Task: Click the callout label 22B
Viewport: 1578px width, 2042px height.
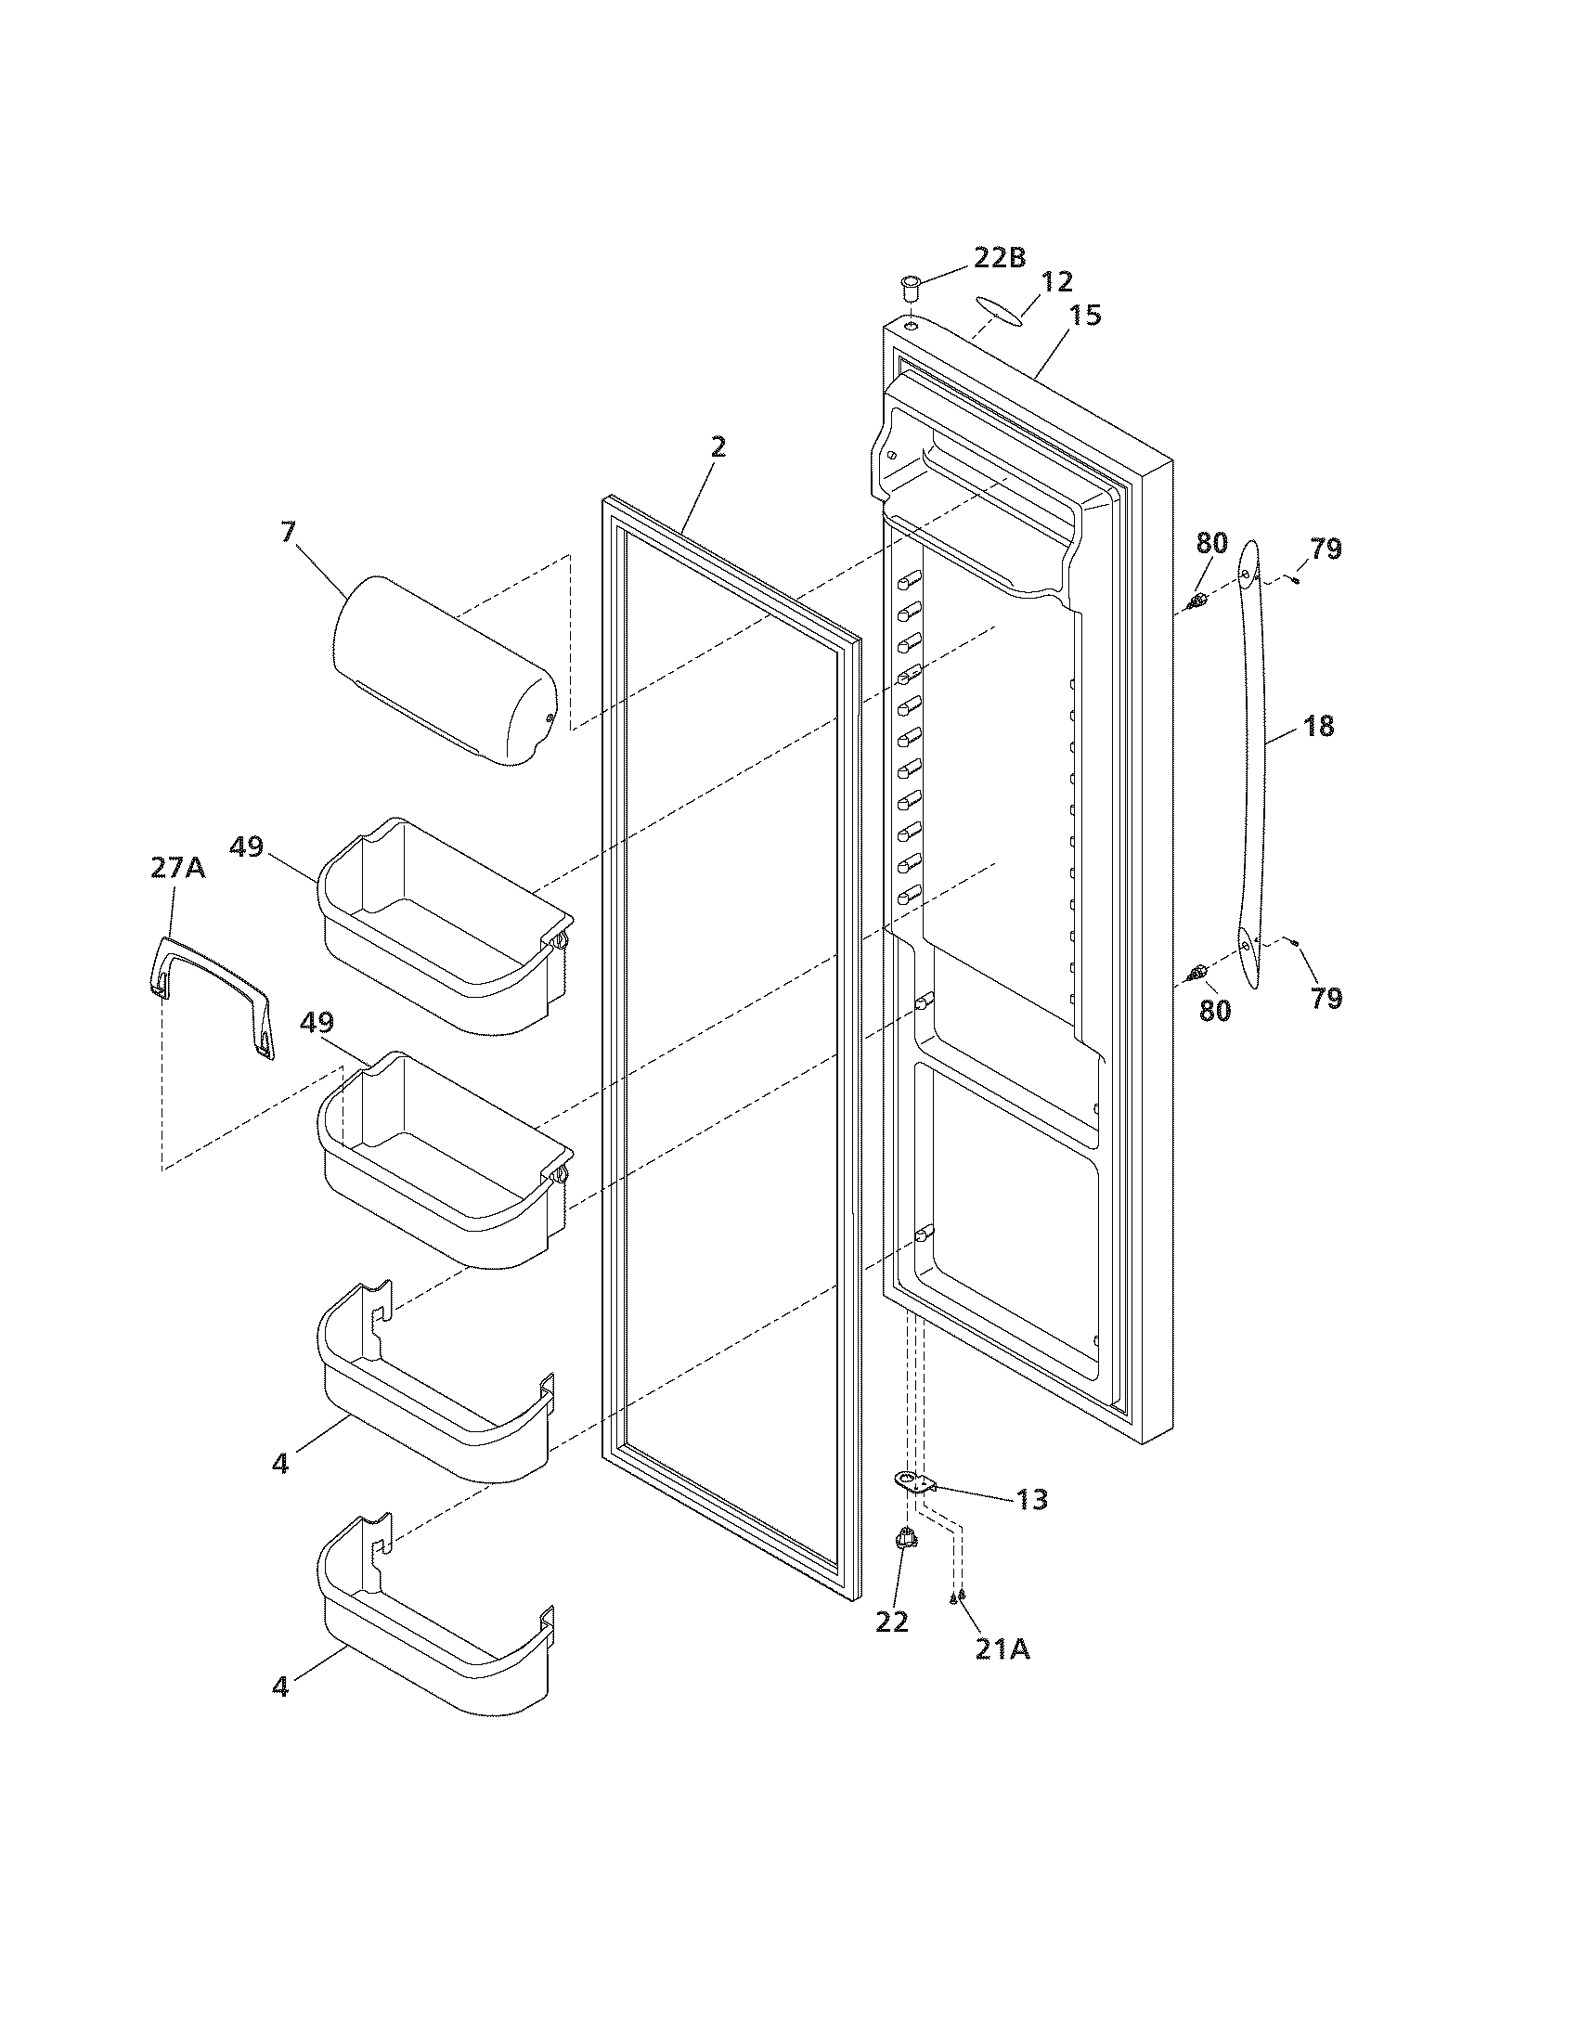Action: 1000,257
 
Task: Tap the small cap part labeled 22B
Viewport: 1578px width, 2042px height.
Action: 909,285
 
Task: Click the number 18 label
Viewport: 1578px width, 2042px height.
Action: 1318,726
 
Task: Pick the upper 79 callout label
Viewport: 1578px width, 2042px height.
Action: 1326,549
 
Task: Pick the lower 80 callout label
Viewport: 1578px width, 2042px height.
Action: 1214,1010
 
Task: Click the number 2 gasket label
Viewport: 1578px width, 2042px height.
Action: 717,447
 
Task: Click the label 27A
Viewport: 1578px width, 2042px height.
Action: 177,868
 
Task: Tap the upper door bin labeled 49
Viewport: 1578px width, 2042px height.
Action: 444,925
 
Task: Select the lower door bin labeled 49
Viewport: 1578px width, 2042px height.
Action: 444,1159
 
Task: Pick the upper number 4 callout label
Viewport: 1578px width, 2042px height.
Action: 280,1463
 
